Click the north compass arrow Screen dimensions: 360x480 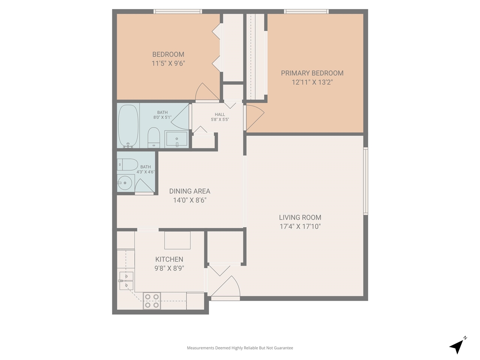457,346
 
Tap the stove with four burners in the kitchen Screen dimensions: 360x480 151,301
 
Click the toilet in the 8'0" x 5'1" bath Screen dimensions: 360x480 154,138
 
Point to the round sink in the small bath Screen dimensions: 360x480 124,183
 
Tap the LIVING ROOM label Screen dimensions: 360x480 300,217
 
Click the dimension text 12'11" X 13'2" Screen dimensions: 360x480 312,82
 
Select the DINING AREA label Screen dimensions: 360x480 189,191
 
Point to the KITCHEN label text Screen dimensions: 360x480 169,259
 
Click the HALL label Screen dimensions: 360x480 220,114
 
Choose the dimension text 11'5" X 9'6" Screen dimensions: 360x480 168,63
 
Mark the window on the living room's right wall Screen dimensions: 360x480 365,181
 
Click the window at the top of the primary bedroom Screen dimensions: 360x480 306,12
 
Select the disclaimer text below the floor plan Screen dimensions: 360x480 240,348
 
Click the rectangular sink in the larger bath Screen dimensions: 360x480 176,139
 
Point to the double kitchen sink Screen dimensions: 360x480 126,281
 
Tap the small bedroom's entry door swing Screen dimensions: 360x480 207,93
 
